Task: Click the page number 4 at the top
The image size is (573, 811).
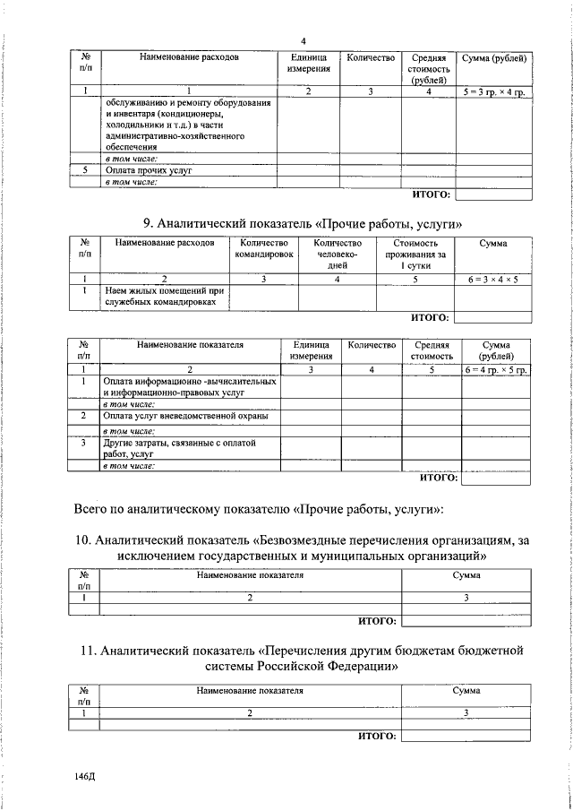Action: pos(304,41)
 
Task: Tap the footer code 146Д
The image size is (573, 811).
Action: pos(86,776)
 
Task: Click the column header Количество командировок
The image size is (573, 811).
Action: pos(264,249)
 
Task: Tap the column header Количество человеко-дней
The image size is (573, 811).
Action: pos(338,255)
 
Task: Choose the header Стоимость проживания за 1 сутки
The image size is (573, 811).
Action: pos(415,255)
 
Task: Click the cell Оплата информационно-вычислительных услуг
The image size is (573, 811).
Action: pos(188,387)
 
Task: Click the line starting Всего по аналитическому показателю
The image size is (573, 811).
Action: pos(259,510)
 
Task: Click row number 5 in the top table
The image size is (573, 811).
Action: pos(85,168)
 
